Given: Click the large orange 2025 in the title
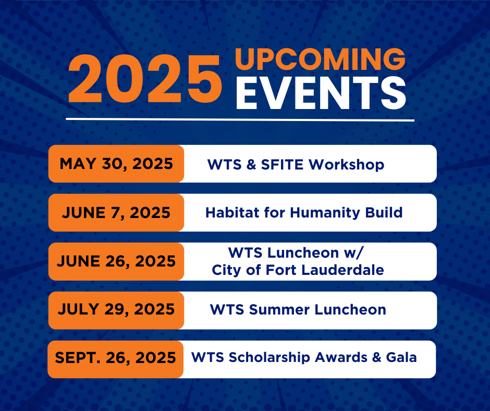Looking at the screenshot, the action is click(x=145, y=79).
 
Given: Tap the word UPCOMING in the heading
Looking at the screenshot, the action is click(x=320, y=59).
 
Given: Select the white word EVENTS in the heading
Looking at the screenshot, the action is click(x=321, y=93).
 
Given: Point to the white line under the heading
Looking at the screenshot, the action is click(x=240, y=119).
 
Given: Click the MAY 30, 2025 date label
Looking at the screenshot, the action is click(x=116, y=164).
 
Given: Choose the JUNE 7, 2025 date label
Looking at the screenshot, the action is click(x=116, y=213).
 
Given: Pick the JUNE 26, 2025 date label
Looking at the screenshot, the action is click(x=116, y=261).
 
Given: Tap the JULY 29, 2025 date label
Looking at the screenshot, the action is click(x=116, y=309).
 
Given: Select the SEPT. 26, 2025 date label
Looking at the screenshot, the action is click(x=116, y=358).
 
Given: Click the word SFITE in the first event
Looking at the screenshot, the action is click(x=282, y=164).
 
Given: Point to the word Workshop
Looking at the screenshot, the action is click(x=347, y=165).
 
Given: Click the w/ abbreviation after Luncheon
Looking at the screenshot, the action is click(x=354, y=253).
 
